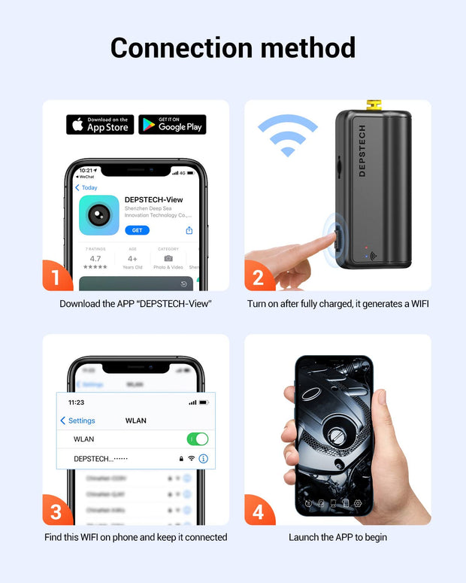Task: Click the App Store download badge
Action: (99, 125)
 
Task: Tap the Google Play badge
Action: (172, 125)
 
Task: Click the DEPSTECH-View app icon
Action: (99, 215)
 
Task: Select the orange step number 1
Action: (56, 277)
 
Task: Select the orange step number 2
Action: (258, 277)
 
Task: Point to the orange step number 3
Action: (56, 511)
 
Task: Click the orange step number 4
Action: (258, 512)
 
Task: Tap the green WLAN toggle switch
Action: (197, 439)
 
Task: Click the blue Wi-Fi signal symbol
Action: (287, 135)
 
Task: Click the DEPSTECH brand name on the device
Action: (362, 150)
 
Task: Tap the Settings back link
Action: (77, 421)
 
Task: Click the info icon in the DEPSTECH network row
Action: (203, 458)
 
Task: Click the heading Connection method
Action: (233, 47)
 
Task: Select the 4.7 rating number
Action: (95, 258)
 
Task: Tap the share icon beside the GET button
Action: (189, 230)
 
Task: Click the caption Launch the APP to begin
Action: (337, 537)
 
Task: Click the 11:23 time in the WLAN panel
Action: (76, 402)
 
